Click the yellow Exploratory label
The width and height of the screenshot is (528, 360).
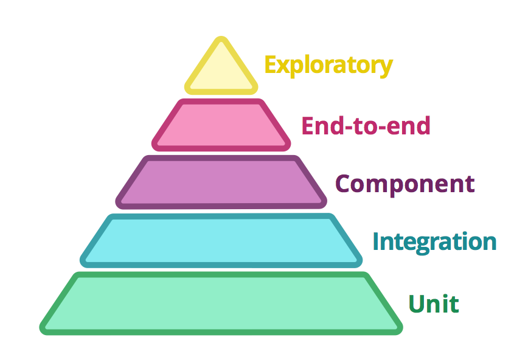(x=328, y=64)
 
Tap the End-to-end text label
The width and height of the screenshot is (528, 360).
(x=366, y=126)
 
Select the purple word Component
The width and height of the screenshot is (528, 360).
(x=405, y=184)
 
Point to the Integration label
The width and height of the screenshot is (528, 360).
(x=434, y=241)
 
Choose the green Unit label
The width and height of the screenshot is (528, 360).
(x=433, y=303)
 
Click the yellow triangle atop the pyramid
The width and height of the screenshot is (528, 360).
(x=221, y=72)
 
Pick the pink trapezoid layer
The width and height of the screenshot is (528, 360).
(x=221, y=125)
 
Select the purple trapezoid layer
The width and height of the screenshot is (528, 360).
(x=221, y=182)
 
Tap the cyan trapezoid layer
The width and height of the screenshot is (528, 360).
(x=221, y=240)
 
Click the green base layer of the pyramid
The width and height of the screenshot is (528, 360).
(x=221, y=303)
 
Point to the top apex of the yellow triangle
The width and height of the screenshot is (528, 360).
(x=221, y=40)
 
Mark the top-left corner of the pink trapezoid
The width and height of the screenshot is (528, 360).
(x=176, y=103)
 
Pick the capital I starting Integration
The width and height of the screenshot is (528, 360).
(x=376, y=241)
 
